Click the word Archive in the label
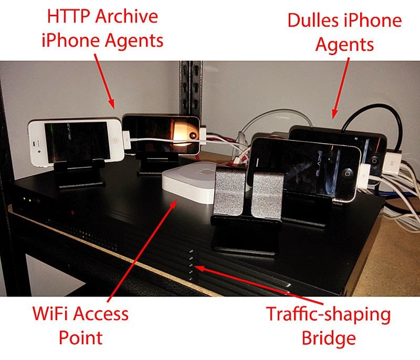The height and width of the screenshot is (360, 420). [x=127, y=16]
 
